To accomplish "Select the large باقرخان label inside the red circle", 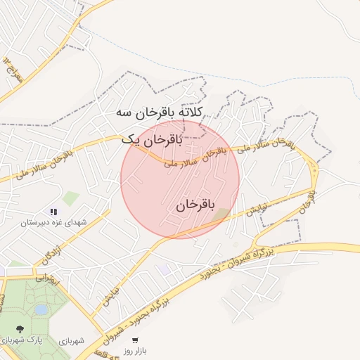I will [x=195, y=205].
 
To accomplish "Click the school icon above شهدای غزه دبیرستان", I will [x=53, y=211].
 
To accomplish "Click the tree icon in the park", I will [x=19, y=328].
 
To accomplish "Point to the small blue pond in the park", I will [x=41, y=309].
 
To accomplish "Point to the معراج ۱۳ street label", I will [x=13, y=71].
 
